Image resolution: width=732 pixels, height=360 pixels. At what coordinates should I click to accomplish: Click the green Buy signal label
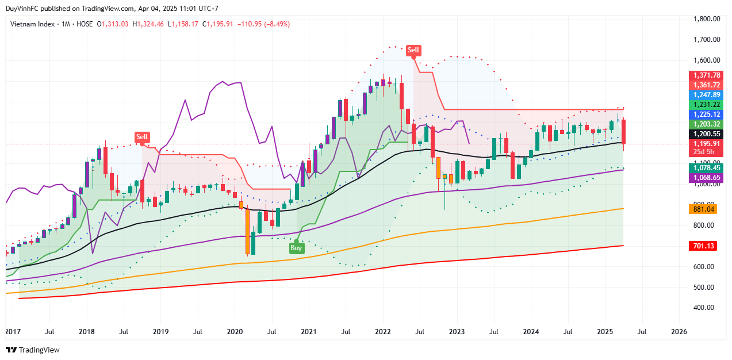coord(296,248)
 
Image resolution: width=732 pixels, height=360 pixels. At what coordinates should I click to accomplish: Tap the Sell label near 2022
coord(413,50)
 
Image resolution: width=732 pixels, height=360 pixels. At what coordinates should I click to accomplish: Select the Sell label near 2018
coord(142,137)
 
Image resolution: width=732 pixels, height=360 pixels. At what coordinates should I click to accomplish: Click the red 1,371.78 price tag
coord(707,75)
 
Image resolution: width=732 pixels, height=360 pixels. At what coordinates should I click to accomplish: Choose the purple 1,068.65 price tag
coord(707,178)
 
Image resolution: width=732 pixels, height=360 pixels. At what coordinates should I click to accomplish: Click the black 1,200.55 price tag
coord(707,133)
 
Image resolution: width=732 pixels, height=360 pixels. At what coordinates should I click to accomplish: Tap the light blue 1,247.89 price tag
coord(707,95)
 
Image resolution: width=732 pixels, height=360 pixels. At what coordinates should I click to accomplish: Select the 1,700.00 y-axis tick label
coord(707,40)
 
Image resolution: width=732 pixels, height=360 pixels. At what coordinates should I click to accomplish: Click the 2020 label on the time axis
coord(235,332)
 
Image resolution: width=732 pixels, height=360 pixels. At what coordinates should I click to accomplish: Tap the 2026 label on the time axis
coord(679,332)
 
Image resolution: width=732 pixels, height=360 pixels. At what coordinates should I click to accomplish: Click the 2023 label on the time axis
coord(457,332)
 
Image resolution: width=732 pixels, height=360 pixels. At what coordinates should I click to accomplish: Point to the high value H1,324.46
coord(148,24)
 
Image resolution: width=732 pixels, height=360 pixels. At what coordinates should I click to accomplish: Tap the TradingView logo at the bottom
coord(33,350)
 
